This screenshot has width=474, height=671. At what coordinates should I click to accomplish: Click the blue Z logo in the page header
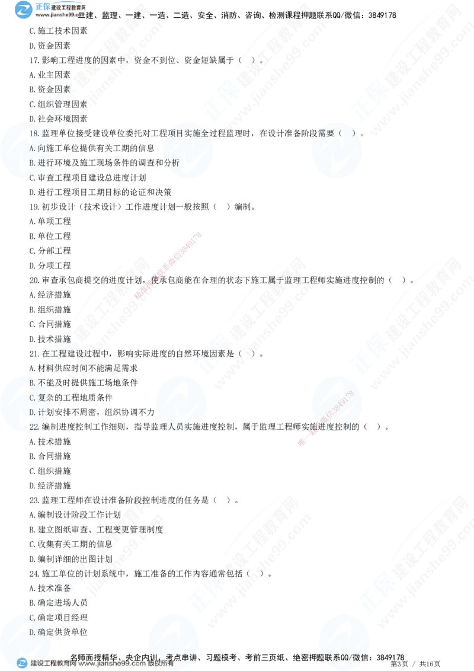click(x=24, y=10)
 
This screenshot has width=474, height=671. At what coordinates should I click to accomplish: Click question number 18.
click(x=34, y=134)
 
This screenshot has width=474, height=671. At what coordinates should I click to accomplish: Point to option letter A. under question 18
click(x=33, y=148)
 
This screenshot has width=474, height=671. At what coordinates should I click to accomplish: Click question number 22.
click(x=34, y=426)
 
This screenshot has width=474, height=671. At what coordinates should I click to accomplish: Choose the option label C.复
click(x=37, y=398)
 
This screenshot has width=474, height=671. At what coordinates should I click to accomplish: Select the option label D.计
click(x=37, y=412)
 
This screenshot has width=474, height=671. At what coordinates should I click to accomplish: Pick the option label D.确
click(x=37, y=632)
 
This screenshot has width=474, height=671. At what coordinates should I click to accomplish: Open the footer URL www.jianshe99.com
click(x=112, y=664)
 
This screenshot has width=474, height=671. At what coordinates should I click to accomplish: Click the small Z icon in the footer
click(x=22, y=664)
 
